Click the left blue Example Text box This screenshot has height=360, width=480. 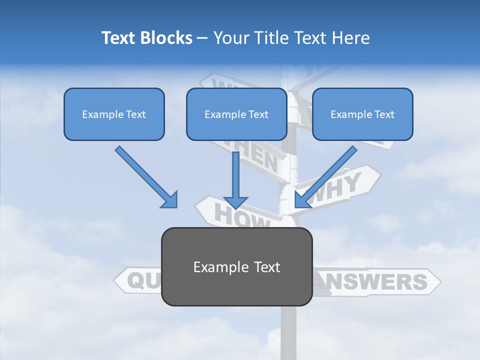pyautogui.click(x=114, y=114)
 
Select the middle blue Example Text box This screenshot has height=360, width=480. pyautogui.click(x=236, y=114)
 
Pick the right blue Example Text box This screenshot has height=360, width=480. pyautogui.click(x=362, y=114)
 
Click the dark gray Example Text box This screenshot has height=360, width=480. pyautogui.click(x=236, y=266)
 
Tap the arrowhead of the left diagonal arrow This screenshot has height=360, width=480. pyautogui.click(x=170, y=200)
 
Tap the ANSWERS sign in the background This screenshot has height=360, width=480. pyautogui.click(x=380, y=281)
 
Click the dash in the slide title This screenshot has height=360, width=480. pyautogui.click(x=202, y=38)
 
